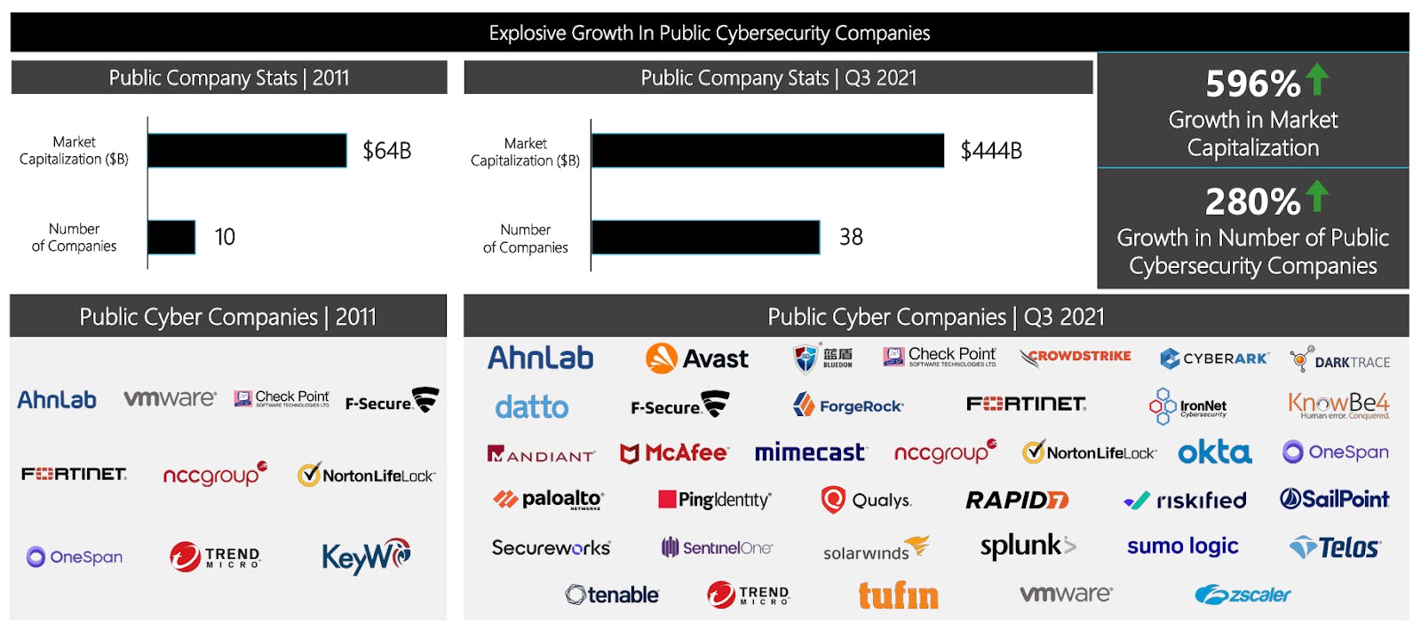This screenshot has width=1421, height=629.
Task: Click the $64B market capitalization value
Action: (386, 151)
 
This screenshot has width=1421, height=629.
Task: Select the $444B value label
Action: (991, 151)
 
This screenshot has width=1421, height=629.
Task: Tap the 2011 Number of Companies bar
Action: (171, 237)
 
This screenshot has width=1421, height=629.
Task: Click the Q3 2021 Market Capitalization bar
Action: (767, 151)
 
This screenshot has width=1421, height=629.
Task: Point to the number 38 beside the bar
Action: (851, 237)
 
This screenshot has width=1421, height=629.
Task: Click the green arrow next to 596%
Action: (1317, 80)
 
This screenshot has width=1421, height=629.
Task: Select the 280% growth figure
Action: (1252, 202)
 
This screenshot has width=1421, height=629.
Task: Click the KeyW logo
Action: (366, 556)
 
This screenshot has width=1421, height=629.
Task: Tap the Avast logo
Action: (697, 358)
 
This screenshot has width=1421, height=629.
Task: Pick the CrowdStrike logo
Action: (1076, 357)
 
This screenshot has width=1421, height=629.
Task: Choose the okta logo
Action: (1214, 452)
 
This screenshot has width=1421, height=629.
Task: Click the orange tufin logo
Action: (898, 595)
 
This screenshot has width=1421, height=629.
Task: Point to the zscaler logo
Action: (1242, 594)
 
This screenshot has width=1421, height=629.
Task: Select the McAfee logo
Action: (674, 453)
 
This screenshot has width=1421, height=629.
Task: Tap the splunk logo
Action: (1028, 546)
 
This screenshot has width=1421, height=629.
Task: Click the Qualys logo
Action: (866, 500)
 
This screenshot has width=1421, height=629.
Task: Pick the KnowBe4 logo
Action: (1338, 405)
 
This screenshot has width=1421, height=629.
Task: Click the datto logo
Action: (531, 407)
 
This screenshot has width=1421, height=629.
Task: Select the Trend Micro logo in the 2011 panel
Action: (215, 557)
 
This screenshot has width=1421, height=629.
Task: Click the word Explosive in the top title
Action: (528, 34)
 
